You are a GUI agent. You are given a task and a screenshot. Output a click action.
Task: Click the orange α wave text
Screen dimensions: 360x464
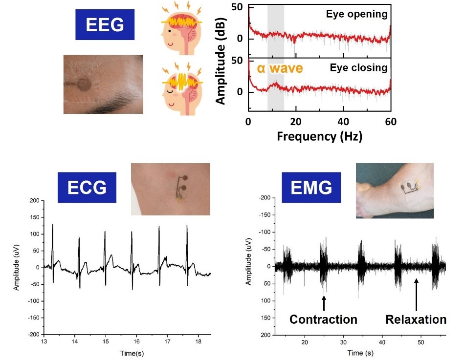pos(277,68)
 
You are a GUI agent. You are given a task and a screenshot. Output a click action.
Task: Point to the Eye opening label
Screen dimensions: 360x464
pos(356,14)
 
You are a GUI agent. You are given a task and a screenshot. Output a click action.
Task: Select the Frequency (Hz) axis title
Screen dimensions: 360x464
pos(319,136)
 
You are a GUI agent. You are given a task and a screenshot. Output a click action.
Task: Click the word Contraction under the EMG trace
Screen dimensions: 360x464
pos(323,319)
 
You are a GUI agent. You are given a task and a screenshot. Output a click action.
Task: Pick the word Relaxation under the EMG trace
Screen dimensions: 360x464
pos(416,319)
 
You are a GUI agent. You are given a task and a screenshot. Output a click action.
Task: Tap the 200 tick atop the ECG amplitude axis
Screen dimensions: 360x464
pos(33,201)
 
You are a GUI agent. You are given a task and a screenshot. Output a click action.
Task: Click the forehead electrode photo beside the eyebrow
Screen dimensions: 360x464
pos(103,84)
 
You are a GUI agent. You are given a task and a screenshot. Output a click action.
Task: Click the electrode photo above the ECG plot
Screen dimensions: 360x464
pos(171,189)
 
